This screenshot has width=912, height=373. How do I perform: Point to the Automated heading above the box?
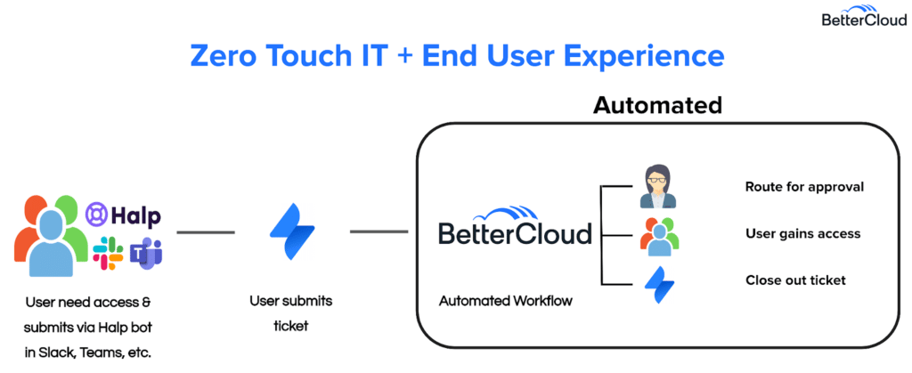(x=656, y=106)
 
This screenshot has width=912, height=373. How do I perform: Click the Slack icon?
(x=108, y=253)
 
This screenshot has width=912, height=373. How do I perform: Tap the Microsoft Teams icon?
(x=145, y=253)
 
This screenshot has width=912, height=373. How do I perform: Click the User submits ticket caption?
(x=290, y=313)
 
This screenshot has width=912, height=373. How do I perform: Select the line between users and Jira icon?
(x=206, y=232)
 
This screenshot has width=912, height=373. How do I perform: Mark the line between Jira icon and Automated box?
(x=379, y=232)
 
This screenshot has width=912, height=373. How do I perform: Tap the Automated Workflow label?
(x=506, y=301)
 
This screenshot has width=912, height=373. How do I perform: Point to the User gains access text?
(x=802, y=234)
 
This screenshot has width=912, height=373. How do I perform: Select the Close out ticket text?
(x=795, y=280)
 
